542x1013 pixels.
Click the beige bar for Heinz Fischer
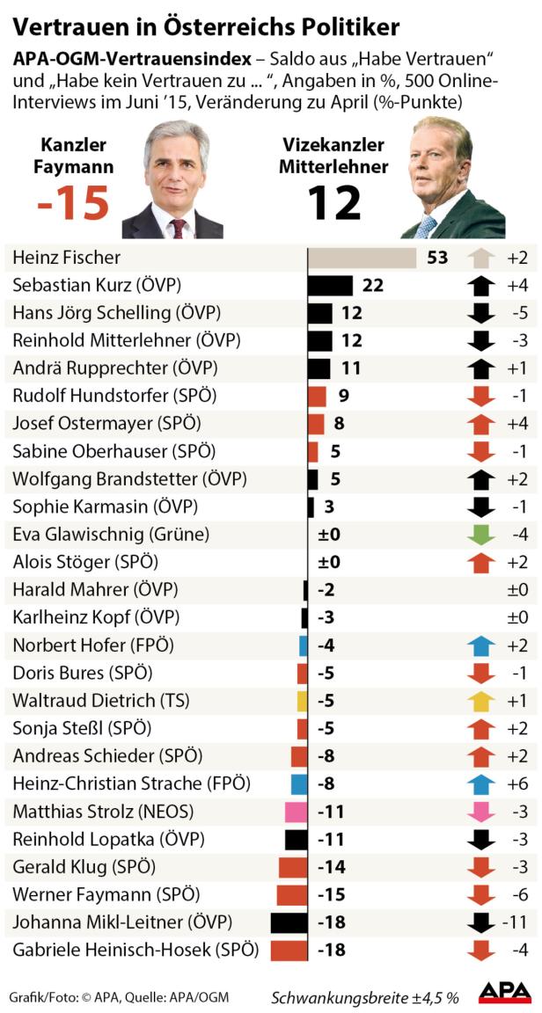362,258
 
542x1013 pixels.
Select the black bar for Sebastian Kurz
330,285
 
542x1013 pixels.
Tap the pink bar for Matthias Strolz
296,812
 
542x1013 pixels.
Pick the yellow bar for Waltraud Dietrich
302,701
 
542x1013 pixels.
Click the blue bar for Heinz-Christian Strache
299,783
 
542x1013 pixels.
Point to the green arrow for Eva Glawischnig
480,534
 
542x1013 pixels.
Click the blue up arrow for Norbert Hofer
480,645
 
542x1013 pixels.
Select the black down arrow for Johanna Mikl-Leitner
480,922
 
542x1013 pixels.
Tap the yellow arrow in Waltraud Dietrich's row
480,701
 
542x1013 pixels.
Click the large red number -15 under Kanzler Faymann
73,203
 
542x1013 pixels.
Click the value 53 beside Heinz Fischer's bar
437,258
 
